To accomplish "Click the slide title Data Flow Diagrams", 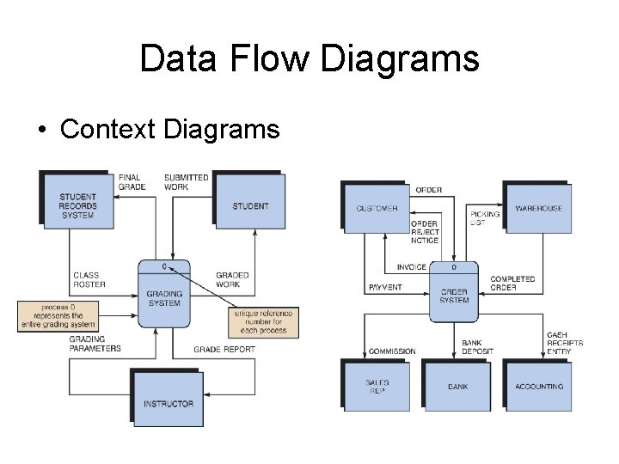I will coord(309,58).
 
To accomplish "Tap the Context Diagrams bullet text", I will coord(170,129).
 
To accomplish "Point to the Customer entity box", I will coord(377,209).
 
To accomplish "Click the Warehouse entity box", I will coord(538,209).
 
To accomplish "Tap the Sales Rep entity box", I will coord(377,387).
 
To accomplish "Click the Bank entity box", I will coord(457,387).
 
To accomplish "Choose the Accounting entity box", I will coord(539,387).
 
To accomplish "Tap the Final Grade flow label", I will coord(132,182).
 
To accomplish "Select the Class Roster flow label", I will coord(89,280).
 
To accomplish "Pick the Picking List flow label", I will coord(479,218).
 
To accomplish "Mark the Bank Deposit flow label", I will coord(477,347).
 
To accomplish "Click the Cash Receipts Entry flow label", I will coord(564,343).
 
